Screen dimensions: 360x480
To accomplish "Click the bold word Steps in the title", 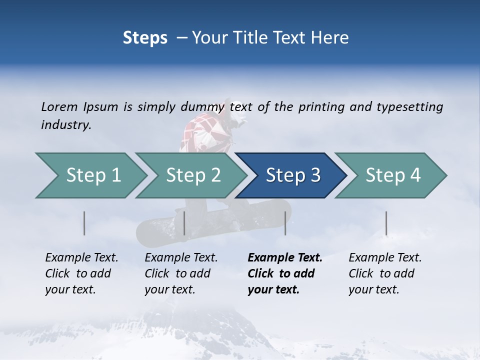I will [145, 38].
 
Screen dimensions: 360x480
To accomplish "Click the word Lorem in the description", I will [59, 107].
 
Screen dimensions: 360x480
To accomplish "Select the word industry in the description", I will [66, 125].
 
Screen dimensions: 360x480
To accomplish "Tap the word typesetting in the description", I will [409, 107].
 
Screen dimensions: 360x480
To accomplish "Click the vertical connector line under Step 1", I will [84, 223].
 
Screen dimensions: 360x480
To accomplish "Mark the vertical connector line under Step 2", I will [184, 223].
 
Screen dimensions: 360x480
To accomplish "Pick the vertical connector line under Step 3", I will [285, 223].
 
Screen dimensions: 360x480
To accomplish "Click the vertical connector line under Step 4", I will [386, 223].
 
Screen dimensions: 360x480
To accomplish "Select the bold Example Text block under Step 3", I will [285, 273].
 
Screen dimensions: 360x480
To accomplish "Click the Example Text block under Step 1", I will [81, 273].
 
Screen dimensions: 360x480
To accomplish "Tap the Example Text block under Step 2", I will [181, 273].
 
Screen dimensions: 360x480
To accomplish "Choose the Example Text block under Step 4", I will [385, 273].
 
